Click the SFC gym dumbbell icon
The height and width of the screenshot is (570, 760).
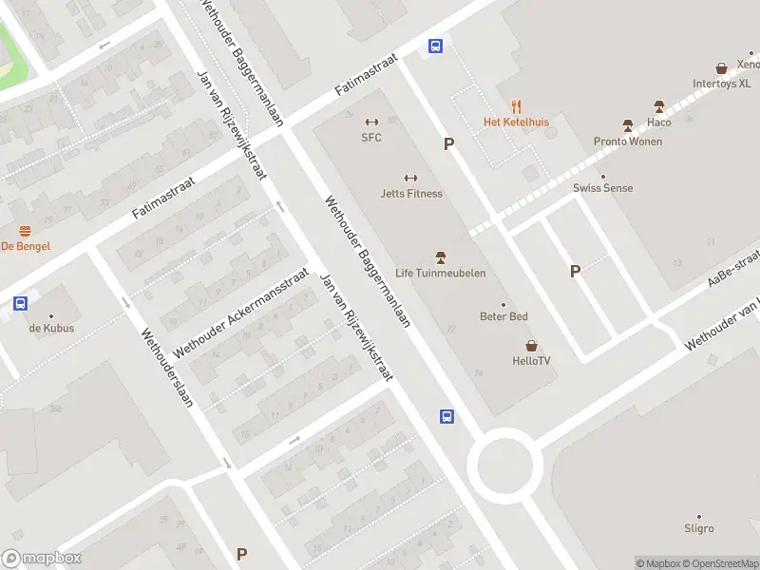[x=371, y=122]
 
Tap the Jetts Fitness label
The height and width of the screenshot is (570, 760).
[x=411, y=194]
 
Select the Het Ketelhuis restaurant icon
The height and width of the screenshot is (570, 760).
[x=517, y=106]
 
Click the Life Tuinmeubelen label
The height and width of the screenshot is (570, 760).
[x=440, y=274]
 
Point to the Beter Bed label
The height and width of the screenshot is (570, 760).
[x=503, y=316]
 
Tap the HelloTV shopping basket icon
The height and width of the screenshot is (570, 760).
[x=531, y=346]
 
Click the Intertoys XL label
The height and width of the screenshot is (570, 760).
[x=722, y=83]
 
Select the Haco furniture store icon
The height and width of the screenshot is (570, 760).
[x=658, y=106]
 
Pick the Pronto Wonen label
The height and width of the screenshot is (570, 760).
[x=627, y=142]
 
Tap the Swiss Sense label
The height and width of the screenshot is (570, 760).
[x=602, y=188]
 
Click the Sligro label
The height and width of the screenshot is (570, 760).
[x=698, y=528]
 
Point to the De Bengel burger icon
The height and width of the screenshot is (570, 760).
[x=25, y=231]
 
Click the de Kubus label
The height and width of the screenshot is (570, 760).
[x=51, y=329]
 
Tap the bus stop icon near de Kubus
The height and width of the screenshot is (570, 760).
[x=20, y=304]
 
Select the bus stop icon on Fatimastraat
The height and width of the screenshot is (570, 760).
[x=435, y=46]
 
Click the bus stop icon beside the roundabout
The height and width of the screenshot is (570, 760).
[x=446, y=416]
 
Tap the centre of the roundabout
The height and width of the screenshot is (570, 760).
[x=504, y=465]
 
